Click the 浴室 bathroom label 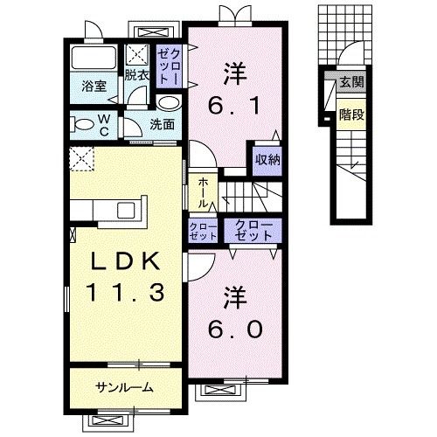(x=94, y=87)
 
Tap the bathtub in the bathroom (x=94, y=58)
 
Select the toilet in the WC (x=81, y=124)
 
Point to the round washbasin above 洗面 (x=169, y=103)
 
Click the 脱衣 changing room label (x=137, y=75)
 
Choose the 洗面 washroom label (x=163, y=125)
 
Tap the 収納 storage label (x=267, y=159)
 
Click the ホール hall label (x=203, y=192)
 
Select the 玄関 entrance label (x=352, y=82)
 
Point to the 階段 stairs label (x=351, y=114)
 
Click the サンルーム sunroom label (x=125, y=387)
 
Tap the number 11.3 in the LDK (x=125, y=292)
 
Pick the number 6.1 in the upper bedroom (x=234, y=106)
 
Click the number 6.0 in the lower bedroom (x=235, y=329)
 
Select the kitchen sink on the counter (x=126, y=210)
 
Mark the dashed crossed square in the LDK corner (x=82, y=159)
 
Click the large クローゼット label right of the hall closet (x=253, y=231)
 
